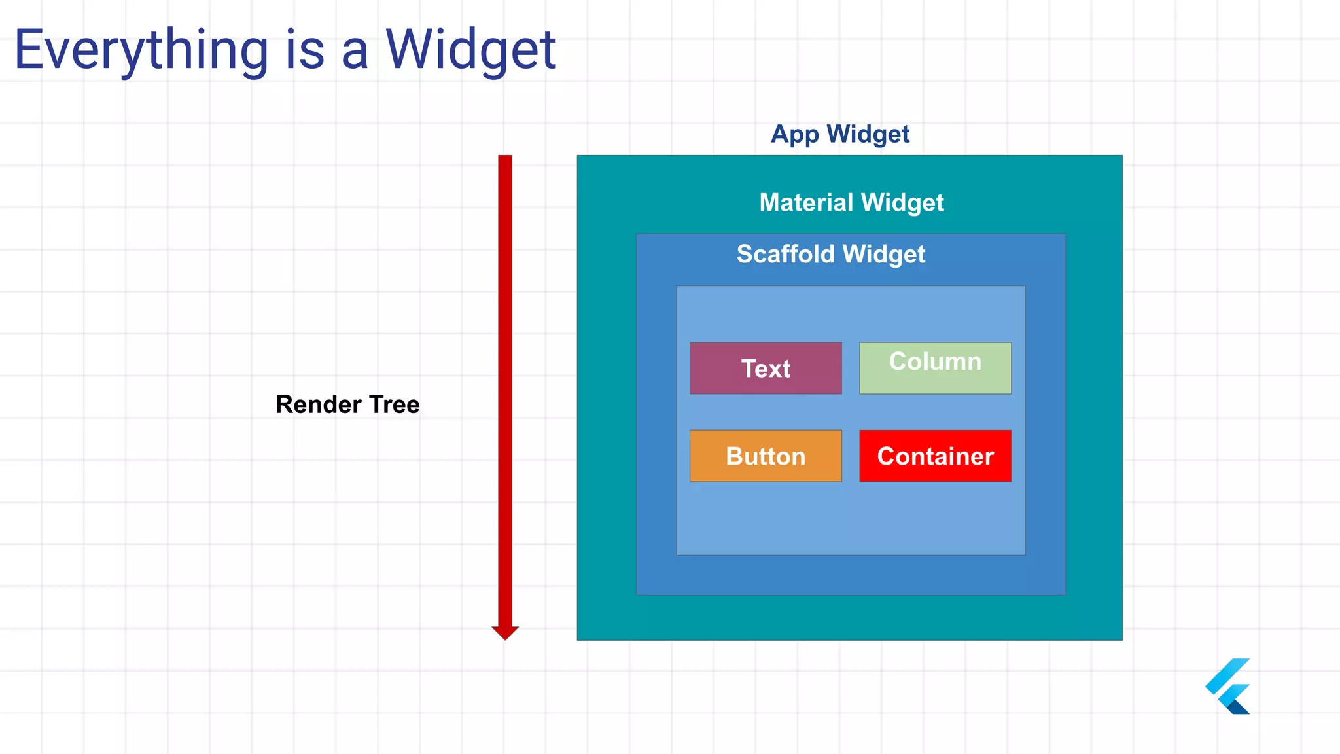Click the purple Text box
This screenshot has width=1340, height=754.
766,368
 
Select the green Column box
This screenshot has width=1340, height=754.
935,368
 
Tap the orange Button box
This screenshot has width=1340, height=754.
766,456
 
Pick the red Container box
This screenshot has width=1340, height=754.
935,456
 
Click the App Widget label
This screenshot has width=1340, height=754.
840,134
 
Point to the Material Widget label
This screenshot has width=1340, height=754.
851,203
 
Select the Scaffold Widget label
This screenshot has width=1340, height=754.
831,254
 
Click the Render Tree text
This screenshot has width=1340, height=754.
347,404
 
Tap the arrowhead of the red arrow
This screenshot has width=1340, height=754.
505,632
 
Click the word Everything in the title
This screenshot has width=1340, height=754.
141,50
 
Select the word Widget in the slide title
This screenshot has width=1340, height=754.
470,50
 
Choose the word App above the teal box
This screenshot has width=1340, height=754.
794,135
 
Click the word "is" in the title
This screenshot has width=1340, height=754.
305,50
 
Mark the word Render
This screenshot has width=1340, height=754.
319,404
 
